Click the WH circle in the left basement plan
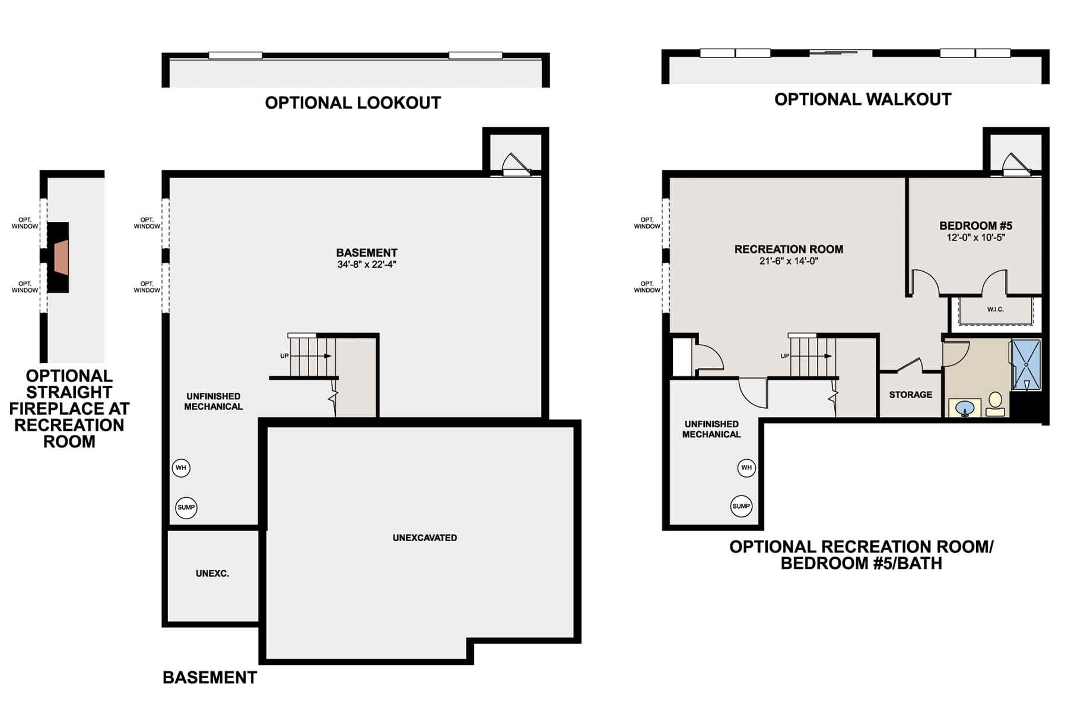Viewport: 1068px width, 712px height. (x=181, y=468)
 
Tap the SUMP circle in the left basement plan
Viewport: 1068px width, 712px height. (x=186, y=507)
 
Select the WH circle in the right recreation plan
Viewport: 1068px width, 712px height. (x=746, y=468)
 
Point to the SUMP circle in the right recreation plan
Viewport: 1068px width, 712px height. (x=741, y=506)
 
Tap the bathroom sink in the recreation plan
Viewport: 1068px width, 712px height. (x=965, y=409)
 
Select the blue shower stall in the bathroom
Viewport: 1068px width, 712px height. (x=1026, y=365)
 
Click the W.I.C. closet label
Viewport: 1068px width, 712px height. (x=995, y=309)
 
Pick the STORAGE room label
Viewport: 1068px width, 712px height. (x=910, y=395)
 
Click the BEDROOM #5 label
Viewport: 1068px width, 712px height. (x=975, y=225)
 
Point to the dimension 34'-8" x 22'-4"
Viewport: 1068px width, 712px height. (x=366, y=265)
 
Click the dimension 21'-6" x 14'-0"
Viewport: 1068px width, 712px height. (x=789, y=260)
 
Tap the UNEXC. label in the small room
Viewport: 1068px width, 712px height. (x=212, y=574)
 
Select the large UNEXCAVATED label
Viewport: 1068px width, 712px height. (x=425, y=538)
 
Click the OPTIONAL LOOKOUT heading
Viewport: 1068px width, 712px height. (x=352, y=103)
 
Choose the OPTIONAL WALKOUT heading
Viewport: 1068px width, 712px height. (x=862, y=99)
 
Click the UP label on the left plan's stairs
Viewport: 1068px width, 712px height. (x=284, y=356)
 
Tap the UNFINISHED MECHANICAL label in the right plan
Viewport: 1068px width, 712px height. (x=711, y=429)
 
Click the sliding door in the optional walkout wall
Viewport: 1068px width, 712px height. (x=841, y=53)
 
